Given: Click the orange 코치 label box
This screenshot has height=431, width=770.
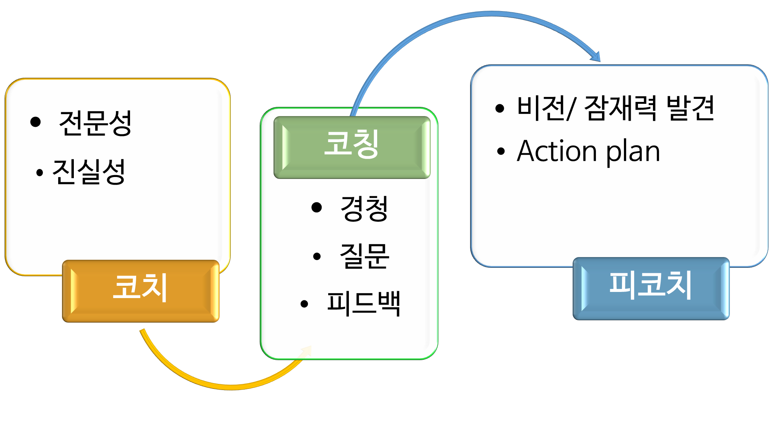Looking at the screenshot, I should tap(141, 291).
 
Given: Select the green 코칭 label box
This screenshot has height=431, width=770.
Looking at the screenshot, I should tap(352, 147).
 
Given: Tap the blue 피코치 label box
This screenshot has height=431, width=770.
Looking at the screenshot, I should tap(651, 288).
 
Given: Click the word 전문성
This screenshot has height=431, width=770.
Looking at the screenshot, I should tap(95, 123).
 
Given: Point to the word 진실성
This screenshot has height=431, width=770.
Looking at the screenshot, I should tap(89, 172).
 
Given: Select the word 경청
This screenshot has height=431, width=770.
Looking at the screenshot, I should tap(364, 208).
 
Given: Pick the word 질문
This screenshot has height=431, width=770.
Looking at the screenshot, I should tap(364, 256).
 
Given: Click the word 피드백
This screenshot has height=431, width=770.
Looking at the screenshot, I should tap(363, 303).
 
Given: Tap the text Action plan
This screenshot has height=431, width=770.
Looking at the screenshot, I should tap(588, 152).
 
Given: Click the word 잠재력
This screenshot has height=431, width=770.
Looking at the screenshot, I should tap(620, 108).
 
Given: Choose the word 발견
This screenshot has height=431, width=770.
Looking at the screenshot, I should tap(690, 108).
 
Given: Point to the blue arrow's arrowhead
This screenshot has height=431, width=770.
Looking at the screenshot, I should tap(596, 57).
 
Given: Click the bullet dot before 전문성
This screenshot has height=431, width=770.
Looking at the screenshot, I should tap(36, 122).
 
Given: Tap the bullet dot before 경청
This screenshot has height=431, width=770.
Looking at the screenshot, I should tap(317, 207).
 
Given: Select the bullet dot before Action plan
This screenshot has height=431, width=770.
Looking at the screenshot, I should tap(501, 151).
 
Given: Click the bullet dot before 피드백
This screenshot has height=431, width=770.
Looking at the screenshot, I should tap(304, 304).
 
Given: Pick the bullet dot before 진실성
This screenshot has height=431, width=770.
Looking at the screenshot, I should tap(39, 173).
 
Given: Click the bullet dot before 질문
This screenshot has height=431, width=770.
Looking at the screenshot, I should tap(317, 256).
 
